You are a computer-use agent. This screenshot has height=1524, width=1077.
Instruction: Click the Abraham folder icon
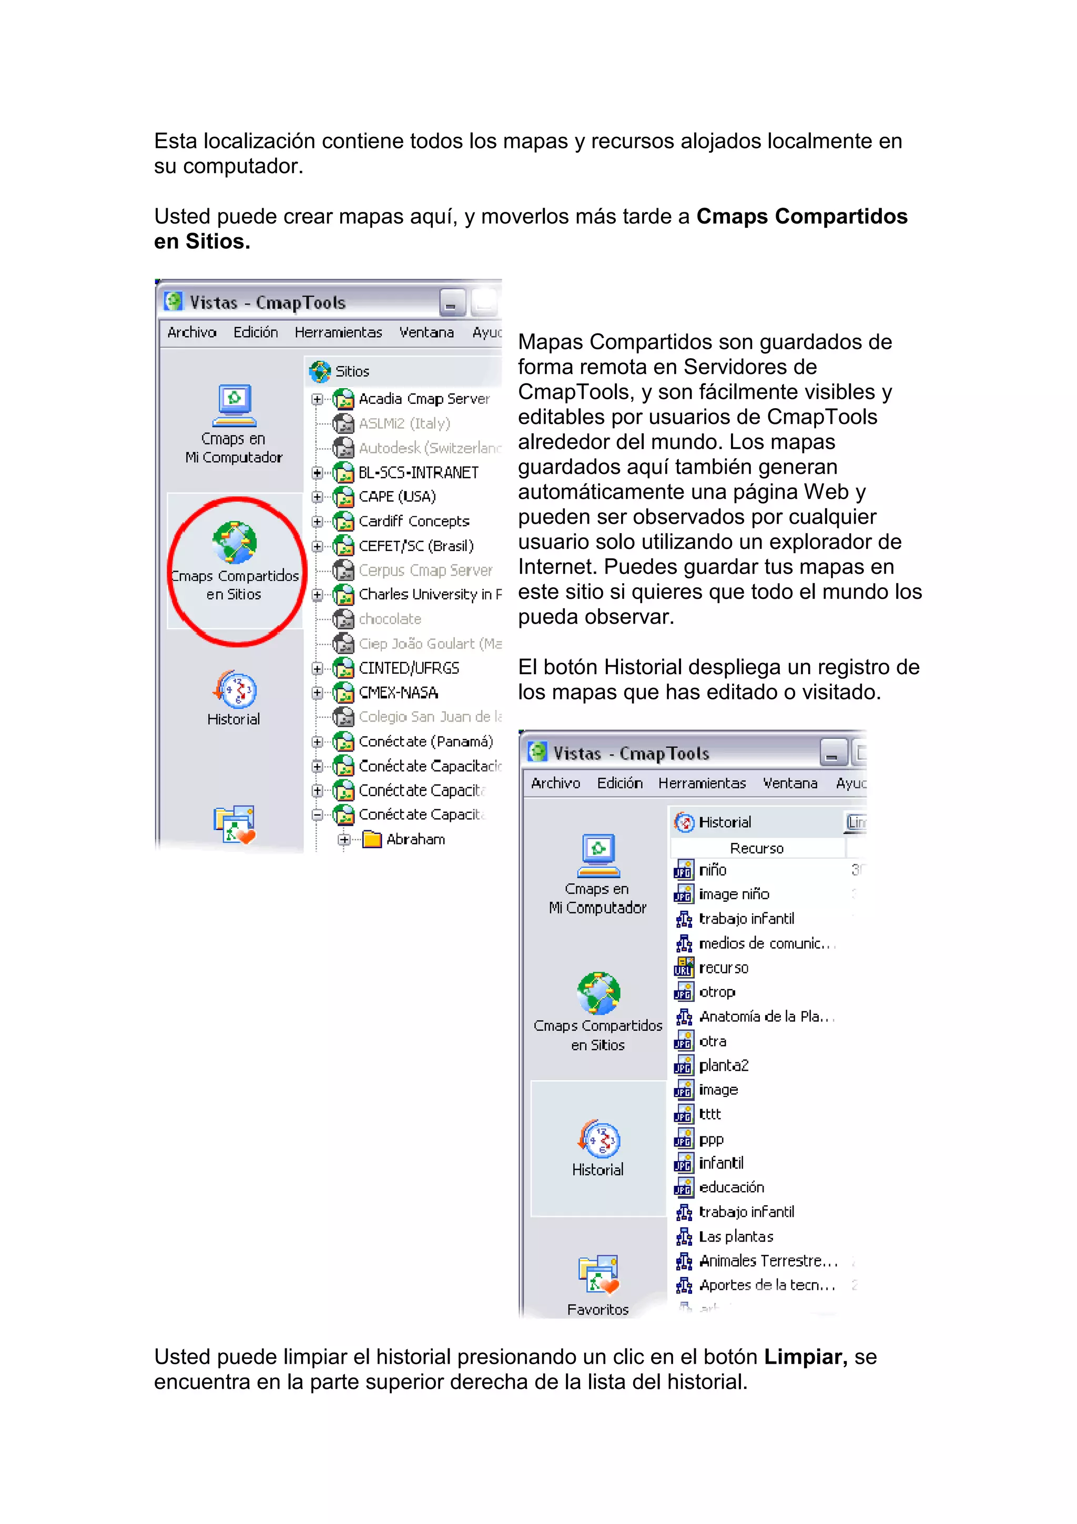pyautogui.click(x=372, y=840)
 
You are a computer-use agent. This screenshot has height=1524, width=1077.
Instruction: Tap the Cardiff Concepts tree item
pyautogui.click(x=413, y=522)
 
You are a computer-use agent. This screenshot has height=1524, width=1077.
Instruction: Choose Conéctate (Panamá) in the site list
pyautogui.click(x=425, y=741)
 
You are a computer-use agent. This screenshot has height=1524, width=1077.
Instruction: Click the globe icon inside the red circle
pyautogui.click(x=234, y=542)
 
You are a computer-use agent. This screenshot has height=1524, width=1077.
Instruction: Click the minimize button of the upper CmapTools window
pyautogui.click(x=451, y=303)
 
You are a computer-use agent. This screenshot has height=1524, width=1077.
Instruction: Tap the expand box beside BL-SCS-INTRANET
pyautogui.click(x=317, y=473)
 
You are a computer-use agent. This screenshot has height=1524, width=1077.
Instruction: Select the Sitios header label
pyautogui.click(x=352, y=372)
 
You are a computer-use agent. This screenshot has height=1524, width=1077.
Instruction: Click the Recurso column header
pyautogui.click(x=757, y=848)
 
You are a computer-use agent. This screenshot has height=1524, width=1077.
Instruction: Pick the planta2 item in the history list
pyautogui.click(x=723, y=1066)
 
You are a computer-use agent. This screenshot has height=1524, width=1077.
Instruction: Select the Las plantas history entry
pyautogui.click(x=736, y=1236)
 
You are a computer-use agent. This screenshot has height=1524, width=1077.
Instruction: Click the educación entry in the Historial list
pyautogui.click(x=731, y=1187)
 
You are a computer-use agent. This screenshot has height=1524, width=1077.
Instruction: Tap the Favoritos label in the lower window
pyautogui.click(x=597, y=1309)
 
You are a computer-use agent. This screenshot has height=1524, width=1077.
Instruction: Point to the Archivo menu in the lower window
pyautogui.click(x=555, y=783)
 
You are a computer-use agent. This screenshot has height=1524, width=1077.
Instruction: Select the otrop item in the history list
pyautogui.click(x=717, y=992)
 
